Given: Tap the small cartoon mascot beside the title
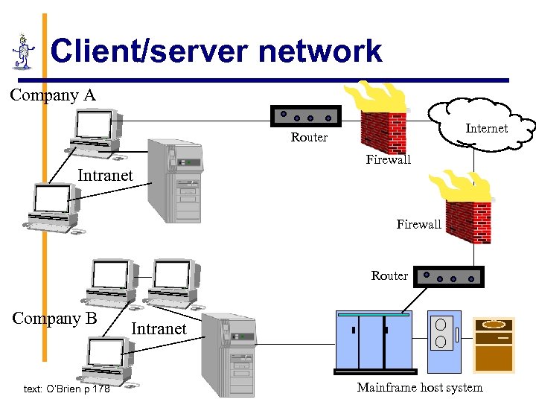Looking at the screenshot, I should pos(24,52).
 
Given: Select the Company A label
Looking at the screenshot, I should pos(53,95).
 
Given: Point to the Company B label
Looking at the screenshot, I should pos(55,318).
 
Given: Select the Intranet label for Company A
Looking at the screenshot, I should pos(106,176).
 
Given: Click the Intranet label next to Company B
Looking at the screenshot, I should pos(159,328).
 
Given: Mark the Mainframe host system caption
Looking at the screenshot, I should pos(419,387).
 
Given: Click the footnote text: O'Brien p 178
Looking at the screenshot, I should pos(66,389).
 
